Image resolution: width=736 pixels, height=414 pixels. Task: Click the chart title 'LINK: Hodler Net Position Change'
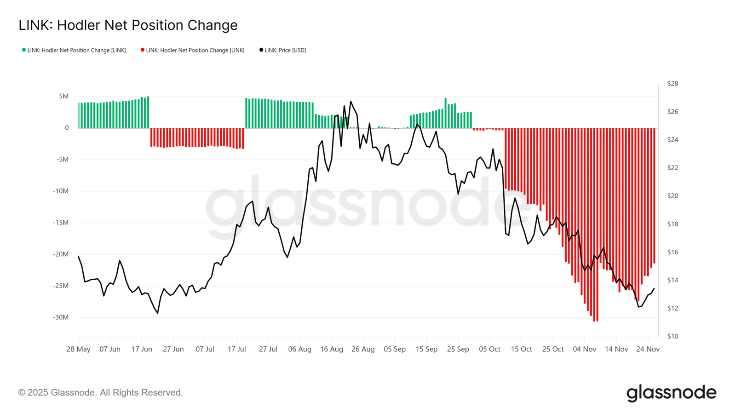coord(128,25)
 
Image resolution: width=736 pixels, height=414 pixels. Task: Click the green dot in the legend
coord(23,50)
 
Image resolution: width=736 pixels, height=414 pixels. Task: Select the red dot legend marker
coord(142,50)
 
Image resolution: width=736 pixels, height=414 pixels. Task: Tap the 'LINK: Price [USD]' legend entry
coord(282,50)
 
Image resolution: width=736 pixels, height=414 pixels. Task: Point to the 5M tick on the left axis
coord(64,96)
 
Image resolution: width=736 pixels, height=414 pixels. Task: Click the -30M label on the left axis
coord(61,317)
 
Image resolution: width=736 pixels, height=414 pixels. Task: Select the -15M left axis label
coord(61,223)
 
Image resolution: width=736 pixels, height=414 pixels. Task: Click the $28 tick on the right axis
coord(673,84)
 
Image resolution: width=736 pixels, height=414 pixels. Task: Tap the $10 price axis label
coord(673,336)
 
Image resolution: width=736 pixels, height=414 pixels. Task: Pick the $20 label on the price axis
coord(673,196)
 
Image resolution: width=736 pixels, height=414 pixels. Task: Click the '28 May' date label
coord(78,349)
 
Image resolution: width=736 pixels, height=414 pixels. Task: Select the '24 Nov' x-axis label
coord(648,349)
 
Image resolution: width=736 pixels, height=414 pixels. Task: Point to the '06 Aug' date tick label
coord(299,349)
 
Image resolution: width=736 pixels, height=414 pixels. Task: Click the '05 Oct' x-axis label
coord(489,349)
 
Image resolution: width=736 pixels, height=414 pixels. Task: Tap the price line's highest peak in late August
coord(350,101)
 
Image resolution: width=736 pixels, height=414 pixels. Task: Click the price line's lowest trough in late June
coord(158,313)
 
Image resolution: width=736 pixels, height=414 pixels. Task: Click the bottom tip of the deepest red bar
coord(595,322)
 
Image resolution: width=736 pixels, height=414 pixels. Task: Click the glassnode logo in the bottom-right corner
coord(671,393)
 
